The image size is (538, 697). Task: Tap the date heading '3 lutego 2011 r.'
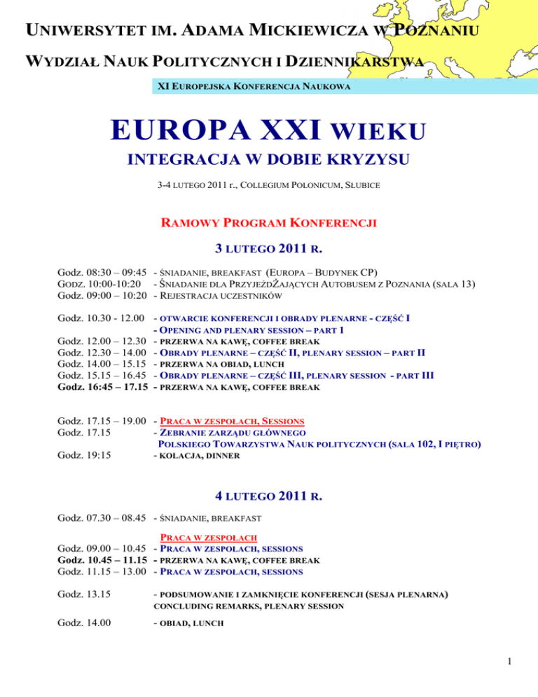pos(269,248)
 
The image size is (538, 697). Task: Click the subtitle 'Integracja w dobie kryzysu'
pos(268,161)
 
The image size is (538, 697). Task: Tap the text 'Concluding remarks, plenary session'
pos(248,606)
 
